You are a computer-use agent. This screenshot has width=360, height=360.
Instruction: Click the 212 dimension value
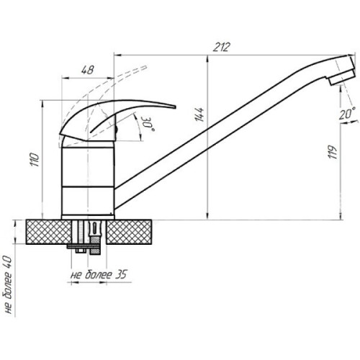click(222, 47)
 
